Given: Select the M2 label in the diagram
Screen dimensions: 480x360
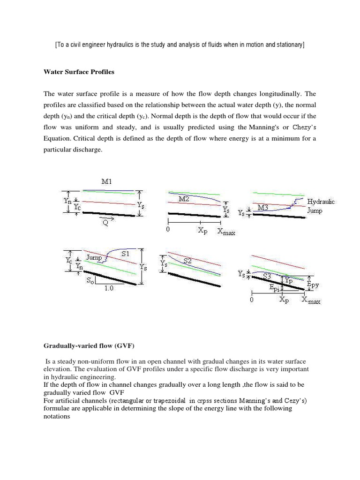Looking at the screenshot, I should point(184,199).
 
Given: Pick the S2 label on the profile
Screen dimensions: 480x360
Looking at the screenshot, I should point(187,262).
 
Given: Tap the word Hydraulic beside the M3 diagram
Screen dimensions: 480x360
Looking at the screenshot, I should point(321,201).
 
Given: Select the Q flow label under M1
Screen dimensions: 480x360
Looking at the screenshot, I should point(106,223).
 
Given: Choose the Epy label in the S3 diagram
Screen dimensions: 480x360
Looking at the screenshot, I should point(313,284).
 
